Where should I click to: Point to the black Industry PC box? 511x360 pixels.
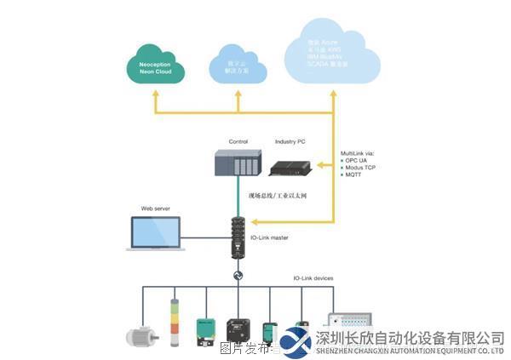pyautogui.click(x=290, y=166)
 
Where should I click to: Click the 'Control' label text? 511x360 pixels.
pyautogui.click(x=238, y=141)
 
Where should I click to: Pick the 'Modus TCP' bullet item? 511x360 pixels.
pyautogui.click(x=362, y=168)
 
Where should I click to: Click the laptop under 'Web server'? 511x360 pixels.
pyautogui.click(x=156, y=233)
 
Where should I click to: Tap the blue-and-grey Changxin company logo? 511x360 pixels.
pyautogui.click(x=296, y=340)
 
